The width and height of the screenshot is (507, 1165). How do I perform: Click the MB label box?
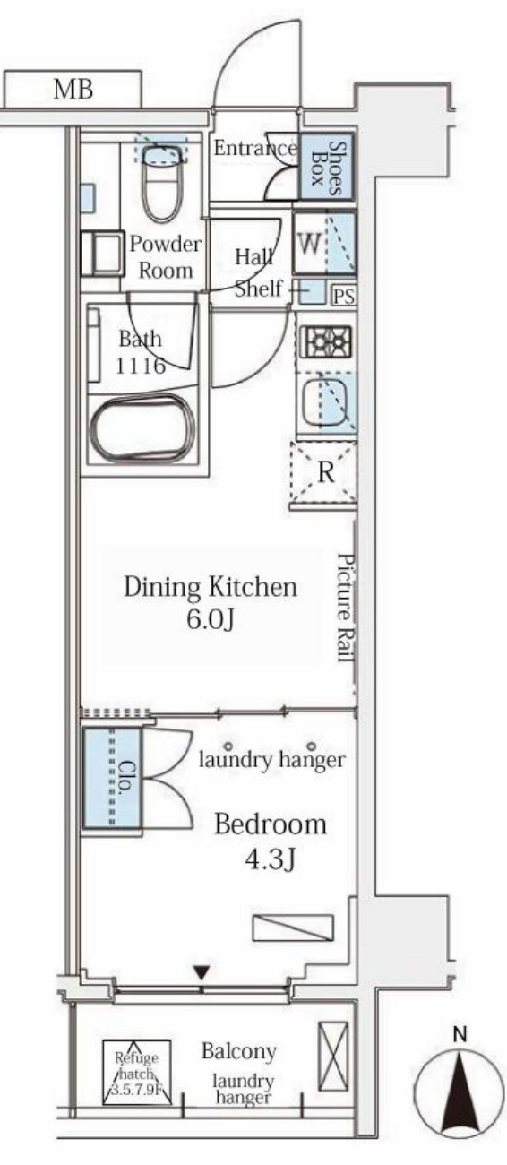coord(73,89)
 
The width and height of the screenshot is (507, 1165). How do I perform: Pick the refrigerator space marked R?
coord(324,473)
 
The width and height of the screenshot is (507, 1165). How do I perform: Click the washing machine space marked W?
coord(324,243)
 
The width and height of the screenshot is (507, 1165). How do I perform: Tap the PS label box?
coord(344,296)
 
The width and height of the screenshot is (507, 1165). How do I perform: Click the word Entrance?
coord(255,148)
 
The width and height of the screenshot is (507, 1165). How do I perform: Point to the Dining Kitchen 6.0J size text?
coord(211,618)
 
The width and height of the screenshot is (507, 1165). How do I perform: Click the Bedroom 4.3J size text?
coord(270,859)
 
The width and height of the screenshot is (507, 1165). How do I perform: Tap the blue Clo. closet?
coord(112,778)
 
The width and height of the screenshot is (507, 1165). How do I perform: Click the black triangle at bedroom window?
coord(202,971)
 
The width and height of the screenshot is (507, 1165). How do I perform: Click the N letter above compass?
coord(460,1035)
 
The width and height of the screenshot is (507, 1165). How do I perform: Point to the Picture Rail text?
coord(345,608)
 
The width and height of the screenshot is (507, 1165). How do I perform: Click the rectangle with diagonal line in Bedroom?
coord(293,928)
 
